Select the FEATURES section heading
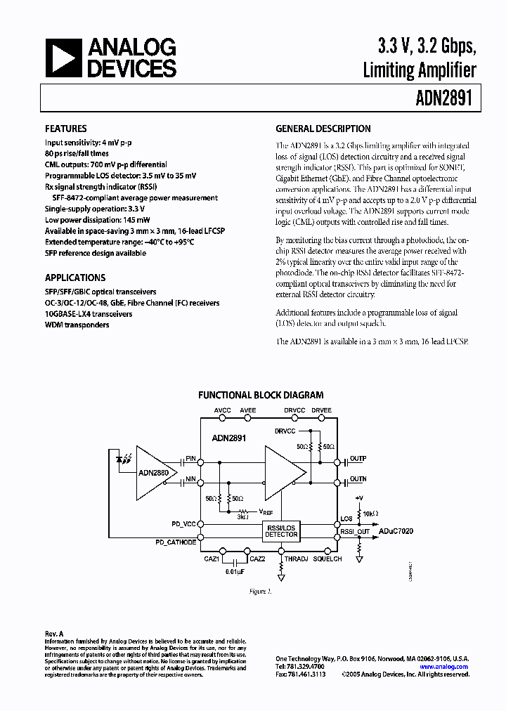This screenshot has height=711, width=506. tap(66, 129)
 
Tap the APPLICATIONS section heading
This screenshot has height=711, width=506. tap(75, 278)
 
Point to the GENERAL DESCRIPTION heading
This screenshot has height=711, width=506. tap(323, 129)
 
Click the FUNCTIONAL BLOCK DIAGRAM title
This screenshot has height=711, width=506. tap(261, 396)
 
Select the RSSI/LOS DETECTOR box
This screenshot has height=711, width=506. tap(281, 530)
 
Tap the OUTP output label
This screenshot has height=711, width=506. tap(358, 459)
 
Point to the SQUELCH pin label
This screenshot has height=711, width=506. tap(327, 559)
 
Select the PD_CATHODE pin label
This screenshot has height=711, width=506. tap(176, 542)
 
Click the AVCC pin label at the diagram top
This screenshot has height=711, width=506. tap(222, 409)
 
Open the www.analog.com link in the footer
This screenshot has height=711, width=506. tap(444, 667)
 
